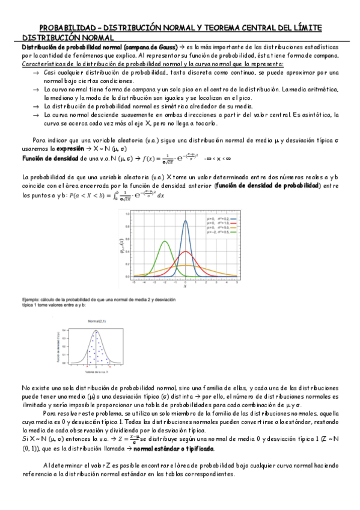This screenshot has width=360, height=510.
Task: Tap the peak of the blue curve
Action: tap(185, 221)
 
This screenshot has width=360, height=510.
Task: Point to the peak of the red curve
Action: tap(185, 251)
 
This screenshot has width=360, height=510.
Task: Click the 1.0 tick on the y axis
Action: tap(129, 214)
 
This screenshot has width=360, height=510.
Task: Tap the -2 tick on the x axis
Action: tap(165, 281)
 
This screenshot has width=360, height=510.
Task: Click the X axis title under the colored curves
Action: tap(185, 287)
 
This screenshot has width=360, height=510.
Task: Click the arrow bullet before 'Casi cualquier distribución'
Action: tap(35, 72)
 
